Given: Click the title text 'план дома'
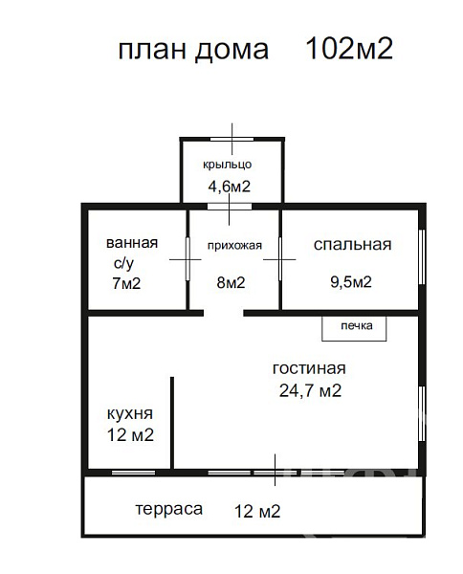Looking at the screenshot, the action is coord(193,50).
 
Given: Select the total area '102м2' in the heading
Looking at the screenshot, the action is coord(349,49).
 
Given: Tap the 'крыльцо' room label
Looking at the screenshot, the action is coord(228,165).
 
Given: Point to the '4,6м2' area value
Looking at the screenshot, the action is coord(230,187).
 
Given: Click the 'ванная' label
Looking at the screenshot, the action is coord(132,243).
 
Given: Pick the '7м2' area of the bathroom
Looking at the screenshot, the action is coord(126,283).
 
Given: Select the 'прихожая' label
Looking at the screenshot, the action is coord(234,246).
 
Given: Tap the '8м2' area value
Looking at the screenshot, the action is coord(231,282).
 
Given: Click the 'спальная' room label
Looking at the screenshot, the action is coord(352,245).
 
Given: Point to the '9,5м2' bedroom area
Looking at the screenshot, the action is coord(351,282).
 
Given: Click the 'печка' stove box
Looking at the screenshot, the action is coord(354,329).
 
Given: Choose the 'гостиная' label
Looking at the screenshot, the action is coord(309,368).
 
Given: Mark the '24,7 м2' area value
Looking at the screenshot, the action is coord(310,390).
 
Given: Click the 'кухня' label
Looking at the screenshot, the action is coord(130,413).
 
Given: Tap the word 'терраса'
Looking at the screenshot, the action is coord(169,510).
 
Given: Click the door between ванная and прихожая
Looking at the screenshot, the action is coord(187,259).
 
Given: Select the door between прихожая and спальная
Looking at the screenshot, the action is coord(280,259).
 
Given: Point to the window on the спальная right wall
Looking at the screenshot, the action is coord(422,257).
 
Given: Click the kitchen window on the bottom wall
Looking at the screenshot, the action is coord(133,473).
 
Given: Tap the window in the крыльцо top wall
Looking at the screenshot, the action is coord(232,139).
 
